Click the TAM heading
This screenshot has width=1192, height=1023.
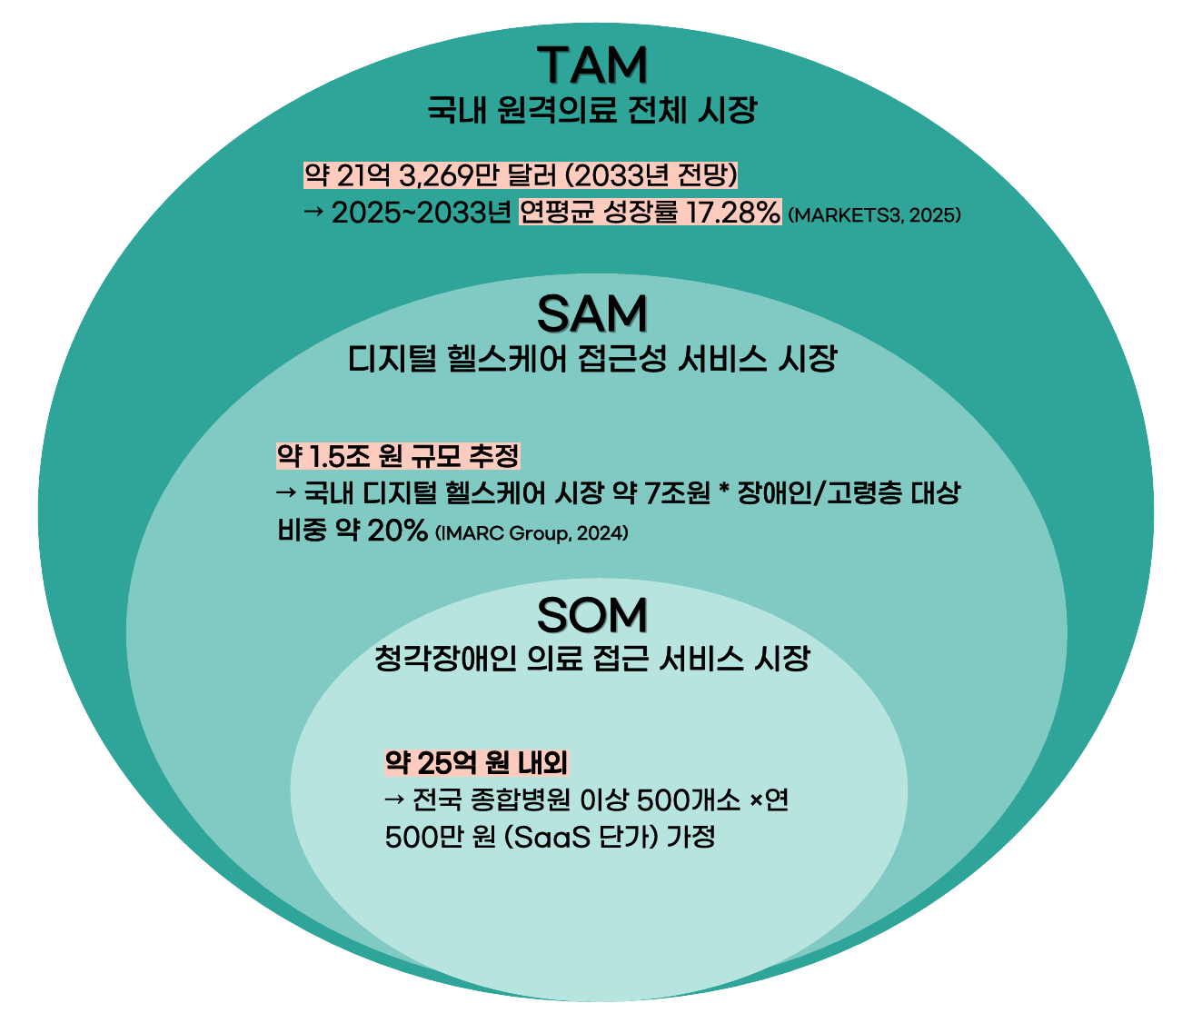[592, 65]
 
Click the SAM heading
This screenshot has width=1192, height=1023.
[592, 314]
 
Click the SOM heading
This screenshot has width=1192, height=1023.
[592, 615]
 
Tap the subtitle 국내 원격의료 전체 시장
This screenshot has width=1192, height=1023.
[592, 111]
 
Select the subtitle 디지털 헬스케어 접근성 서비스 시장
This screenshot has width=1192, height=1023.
[592, 359]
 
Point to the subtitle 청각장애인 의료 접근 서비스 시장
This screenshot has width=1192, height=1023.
[592, 658]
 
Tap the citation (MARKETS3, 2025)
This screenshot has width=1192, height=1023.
[875, 215]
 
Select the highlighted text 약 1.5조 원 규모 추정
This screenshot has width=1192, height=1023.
[398, 455]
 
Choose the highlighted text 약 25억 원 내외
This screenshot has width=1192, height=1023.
[477, 761]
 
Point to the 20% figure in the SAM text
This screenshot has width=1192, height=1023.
[397, 531]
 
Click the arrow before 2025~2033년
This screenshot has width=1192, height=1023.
[313, 214]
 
